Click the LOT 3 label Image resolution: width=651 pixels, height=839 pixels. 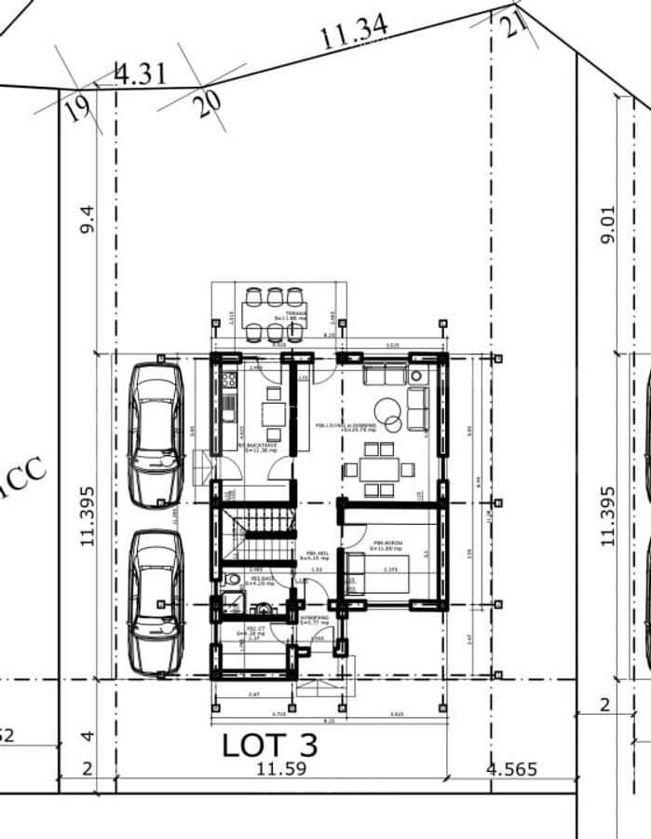270,745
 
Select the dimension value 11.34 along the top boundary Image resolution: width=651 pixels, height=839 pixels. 354,34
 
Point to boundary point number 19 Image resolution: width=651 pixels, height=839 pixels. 78,109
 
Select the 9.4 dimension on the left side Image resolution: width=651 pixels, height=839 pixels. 88,220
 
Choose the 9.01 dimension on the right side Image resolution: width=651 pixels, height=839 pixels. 608,225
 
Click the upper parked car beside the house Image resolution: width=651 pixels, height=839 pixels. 156,433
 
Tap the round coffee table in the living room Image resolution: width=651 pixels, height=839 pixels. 387,411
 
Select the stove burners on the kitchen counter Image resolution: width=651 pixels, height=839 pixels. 229,380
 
